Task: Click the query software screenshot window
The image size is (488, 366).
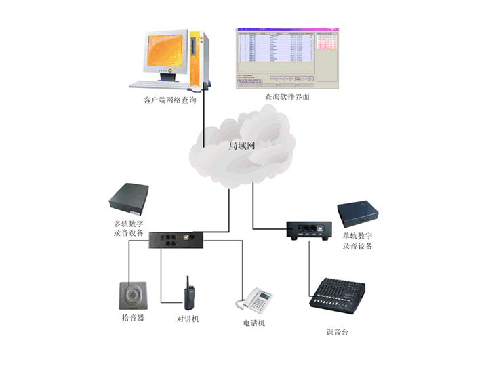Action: (x=287, y=57)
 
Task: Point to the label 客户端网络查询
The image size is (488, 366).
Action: (x=170, y=100)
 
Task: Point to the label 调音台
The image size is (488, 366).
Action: (x=337, y=332)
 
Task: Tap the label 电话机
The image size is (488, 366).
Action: (x=254, y=323)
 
